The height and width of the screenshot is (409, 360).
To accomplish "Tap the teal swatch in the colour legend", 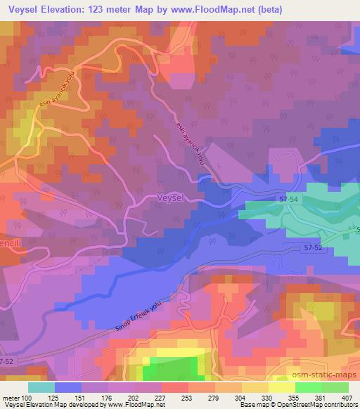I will (x=41, y=387).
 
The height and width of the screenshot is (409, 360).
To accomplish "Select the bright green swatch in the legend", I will (x=309, y=387).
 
